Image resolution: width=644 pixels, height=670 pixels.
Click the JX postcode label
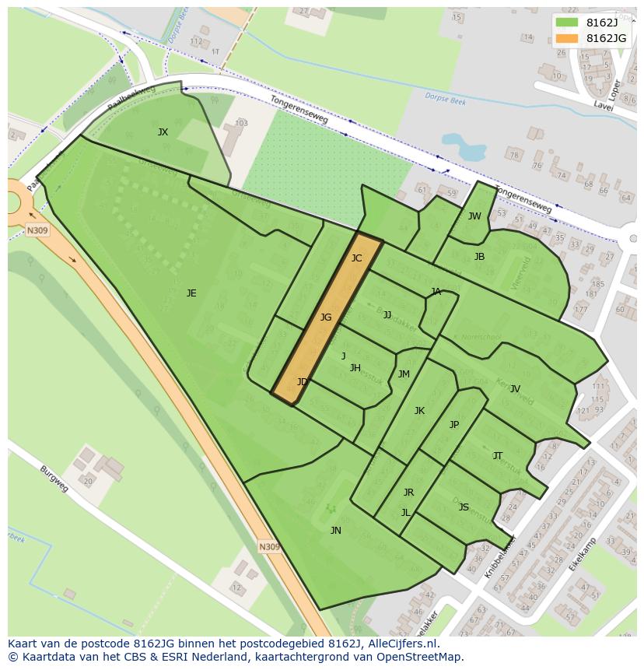click(163, 132)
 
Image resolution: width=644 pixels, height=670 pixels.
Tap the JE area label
click(191, 293)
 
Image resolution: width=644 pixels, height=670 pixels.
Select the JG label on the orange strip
click(326, 317)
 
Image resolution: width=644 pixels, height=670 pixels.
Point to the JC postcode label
click(356, 258)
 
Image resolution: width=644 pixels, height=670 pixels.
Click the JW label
click(474, 216)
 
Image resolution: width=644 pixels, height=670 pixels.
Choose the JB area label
click(479, 257)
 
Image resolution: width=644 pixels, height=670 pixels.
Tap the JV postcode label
click(515, 389)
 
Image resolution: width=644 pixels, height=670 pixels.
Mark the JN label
click(335, 531)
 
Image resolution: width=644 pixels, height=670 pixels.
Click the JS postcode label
click(464, 507)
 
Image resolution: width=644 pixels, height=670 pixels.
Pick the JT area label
click(498, 456)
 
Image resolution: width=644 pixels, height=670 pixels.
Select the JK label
click(419, 411)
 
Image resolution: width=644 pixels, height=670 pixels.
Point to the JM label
click(404, 374)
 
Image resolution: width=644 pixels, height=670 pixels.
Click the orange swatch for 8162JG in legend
click(567, 38)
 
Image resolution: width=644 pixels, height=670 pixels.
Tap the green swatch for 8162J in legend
click(567, 22)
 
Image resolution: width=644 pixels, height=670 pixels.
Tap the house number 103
click(241, 123)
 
